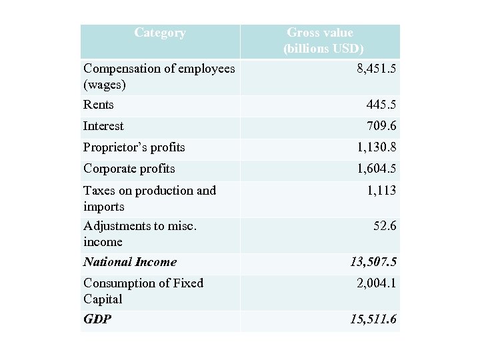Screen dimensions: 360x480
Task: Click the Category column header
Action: pos(160,33)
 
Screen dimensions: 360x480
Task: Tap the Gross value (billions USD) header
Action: pos(323,41)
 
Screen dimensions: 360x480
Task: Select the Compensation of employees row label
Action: pos(159,77)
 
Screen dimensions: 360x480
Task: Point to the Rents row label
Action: pos(99,105)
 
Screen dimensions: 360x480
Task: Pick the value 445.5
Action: pos(381,105)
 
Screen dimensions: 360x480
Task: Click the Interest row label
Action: pos(103,126)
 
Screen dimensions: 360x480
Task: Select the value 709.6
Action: pos(381,126)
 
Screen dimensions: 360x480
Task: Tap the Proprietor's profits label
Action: pos(134,147)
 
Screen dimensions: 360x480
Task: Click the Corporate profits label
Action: pos(129,169)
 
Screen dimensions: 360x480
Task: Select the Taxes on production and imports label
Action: pos(149,198)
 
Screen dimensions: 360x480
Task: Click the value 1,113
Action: pos(382,191)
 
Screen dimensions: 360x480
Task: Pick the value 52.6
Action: pos(385,226)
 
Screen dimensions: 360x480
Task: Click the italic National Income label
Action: pos(130,262)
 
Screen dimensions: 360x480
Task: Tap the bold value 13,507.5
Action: pos(373,262)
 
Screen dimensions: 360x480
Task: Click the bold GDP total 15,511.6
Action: pos(373,320)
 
